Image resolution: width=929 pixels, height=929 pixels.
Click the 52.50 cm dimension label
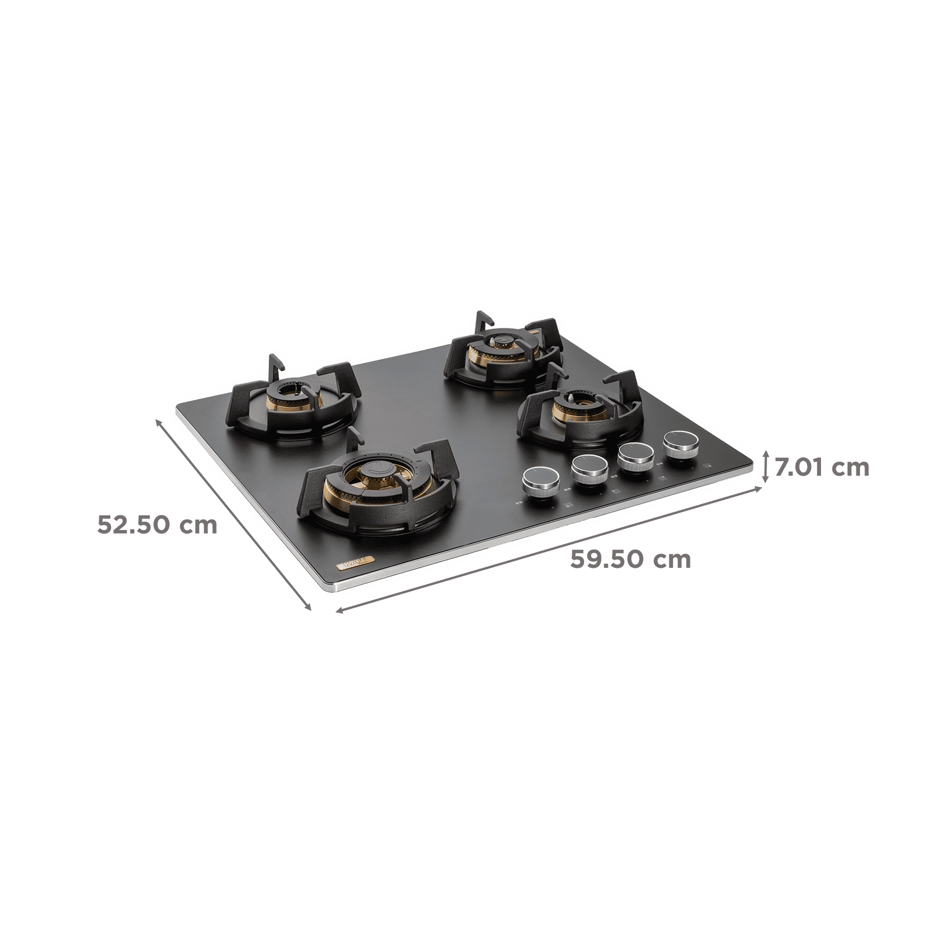click(x=157, y=525)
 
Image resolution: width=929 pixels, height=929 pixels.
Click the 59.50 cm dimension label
click(x=631, y=560)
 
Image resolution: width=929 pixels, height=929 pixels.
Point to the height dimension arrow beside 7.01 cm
click(x=769, y=467)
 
